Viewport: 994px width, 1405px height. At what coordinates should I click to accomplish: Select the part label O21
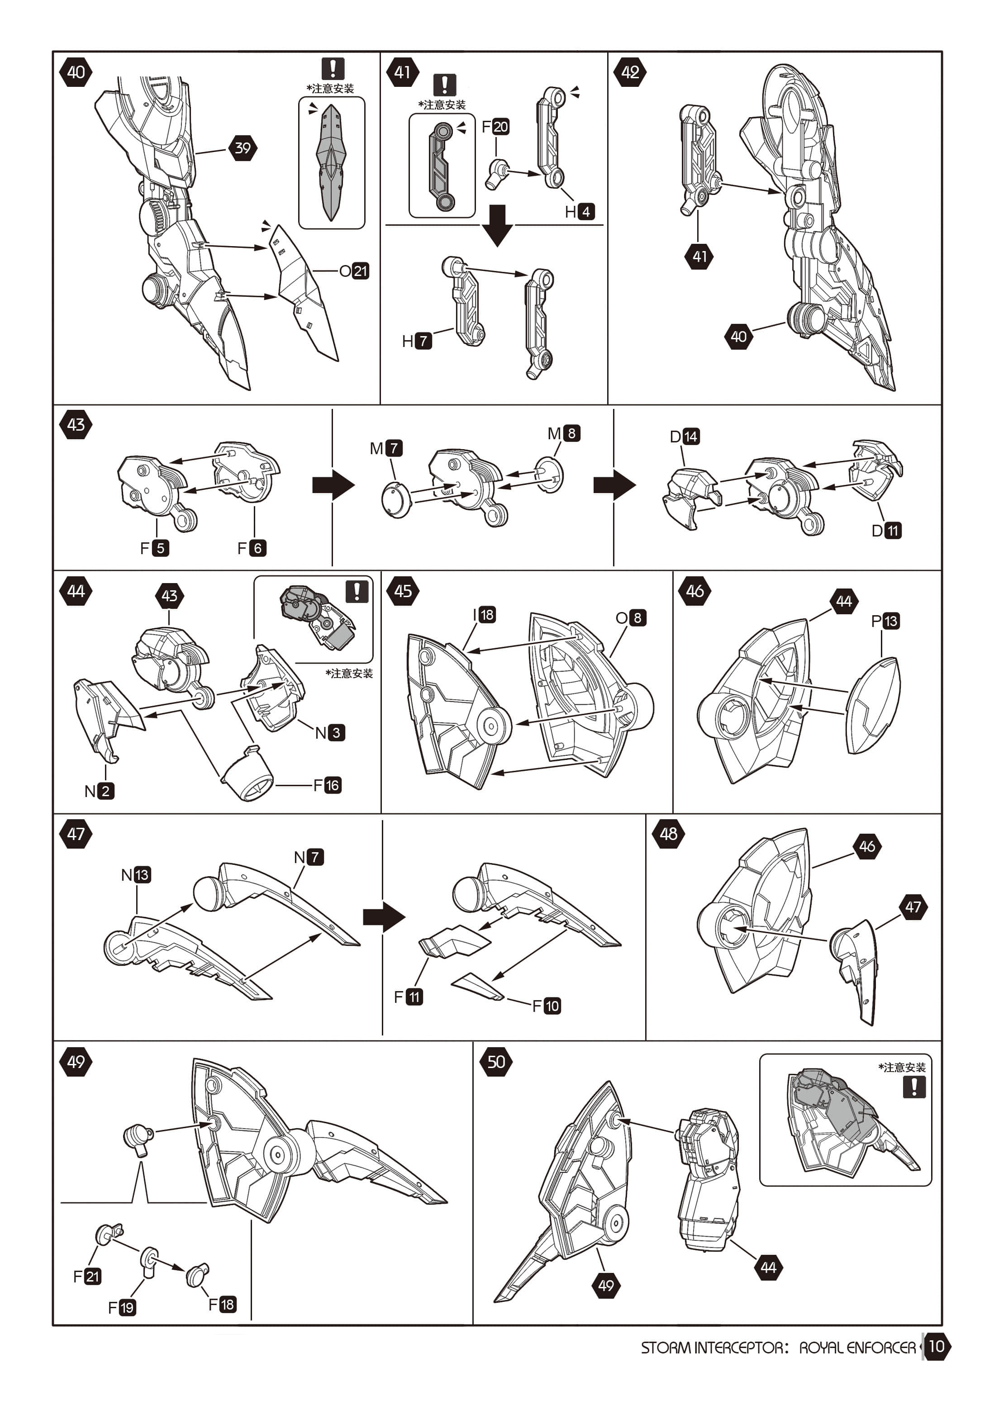click(x=354, y=271)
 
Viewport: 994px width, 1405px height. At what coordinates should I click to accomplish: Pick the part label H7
click(x=417, y=341)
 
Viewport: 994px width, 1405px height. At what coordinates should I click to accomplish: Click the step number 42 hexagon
click(x=630, y=72)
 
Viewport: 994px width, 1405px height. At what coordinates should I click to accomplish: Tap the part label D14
click(x=684, y=437)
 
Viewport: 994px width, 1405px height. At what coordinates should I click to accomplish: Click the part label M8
click(x=564, y=433)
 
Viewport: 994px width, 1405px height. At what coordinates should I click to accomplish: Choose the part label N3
click(x=330, y=732)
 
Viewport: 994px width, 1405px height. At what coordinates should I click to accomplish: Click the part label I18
click(x=484, y=614)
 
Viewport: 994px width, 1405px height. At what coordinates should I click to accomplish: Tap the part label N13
click(x=136, y=874)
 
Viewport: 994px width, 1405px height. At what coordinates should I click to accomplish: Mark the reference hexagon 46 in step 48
click(x=867, y=846)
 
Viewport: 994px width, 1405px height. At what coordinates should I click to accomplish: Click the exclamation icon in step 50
click(x=914, y=1087)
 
